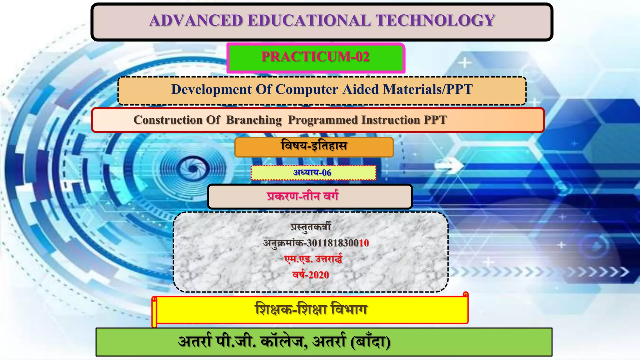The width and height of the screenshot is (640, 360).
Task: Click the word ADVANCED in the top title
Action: pyautogui.click(x=196, y=21)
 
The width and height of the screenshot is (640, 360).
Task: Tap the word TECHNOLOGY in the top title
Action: pyautogui.click(x=435, y=21)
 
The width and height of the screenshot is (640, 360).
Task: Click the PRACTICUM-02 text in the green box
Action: pyautogui.click(x=315, y=57)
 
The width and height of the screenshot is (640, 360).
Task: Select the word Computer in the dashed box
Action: pyautogui.click(x=307, y=89)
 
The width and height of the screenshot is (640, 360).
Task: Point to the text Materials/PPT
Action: pyautogui.click(x=428, y=89)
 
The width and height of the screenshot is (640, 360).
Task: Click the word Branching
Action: pyautogui.click(x=254, y=120)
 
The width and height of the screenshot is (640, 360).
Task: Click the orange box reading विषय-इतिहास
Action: pyautogui.click(x=314, y=147)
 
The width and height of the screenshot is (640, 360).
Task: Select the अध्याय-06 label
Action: pyautogui.click(x=312, y=172)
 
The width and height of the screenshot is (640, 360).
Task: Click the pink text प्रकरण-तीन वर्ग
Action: pyautogui.click(x=302, y=196)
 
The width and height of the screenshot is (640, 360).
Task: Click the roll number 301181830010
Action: pyautogui.click(x=338, y=243)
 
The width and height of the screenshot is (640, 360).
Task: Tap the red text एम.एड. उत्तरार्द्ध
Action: pyautogui.click(x=313, y=259)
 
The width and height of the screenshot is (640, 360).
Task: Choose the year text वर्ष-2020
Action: pyautogui.click(x=311, y=275)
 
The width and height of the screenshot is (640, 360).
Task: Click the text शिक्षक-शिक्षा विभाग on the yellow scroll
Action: pyautogui.click(x=311, y=310)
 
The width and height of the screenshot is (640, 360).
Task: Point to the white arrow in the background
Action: pyautogui.click(x=451, y=165)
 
